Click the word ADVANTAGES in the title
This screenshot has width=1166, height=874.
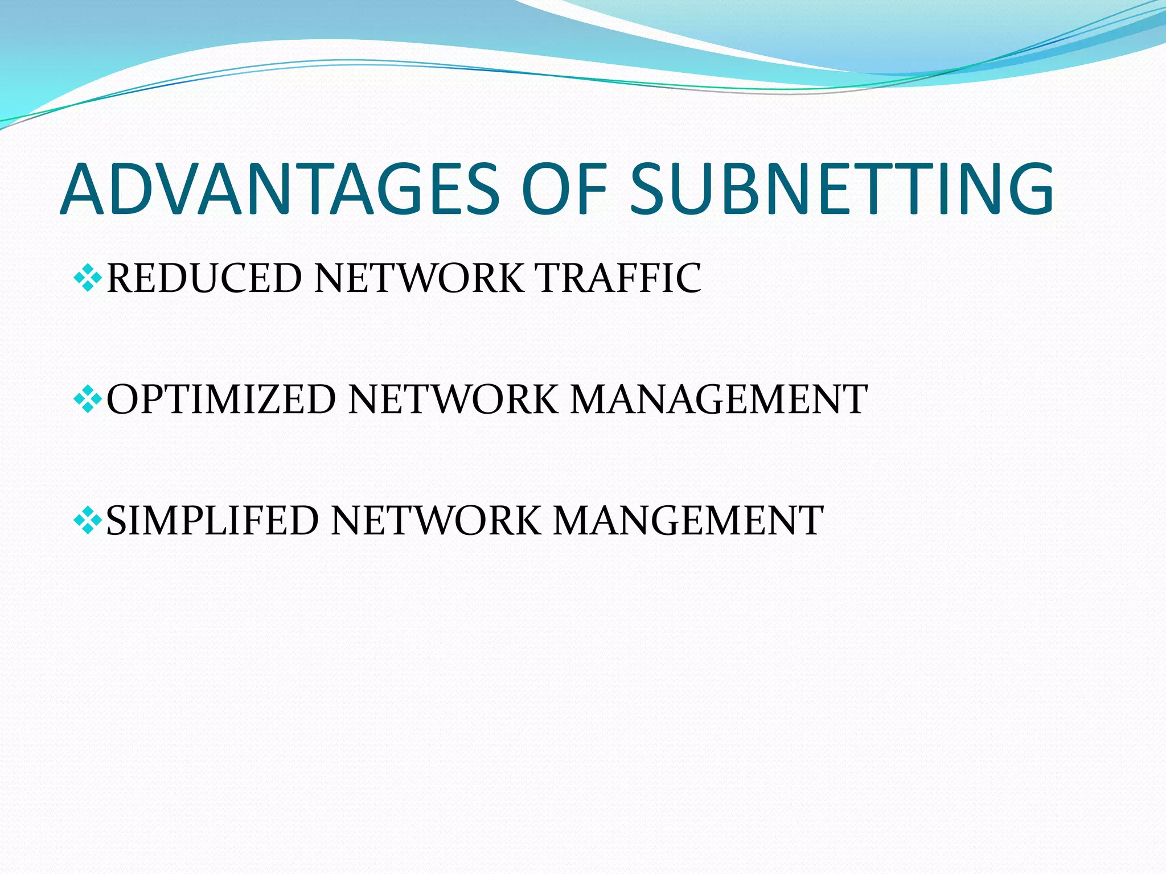coord(280,189)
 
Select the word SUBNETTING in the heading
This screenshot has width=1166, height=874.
coord(841,189)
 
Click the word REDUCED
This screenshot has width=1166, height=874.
coord(204,278)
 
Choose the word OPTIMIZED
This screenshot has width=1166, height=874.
coord(221,399)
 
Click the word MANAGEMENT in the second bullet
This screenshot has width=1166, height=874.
coord(719,399)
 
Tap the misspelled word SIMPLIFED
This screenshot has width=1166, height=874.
coord(212,521)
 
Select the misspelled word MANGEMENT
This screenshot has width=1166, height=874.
coord(688,521)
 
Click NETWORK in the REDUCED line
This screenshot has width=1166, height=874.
coord(419,278)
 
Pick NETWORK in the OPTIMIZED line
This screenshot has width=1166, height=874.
coord(453,399)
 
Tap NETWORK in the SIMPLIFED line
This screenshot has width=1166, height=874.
coord(436,521)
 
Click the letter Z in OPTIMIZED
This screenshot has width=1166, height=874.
coord(278,399)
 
